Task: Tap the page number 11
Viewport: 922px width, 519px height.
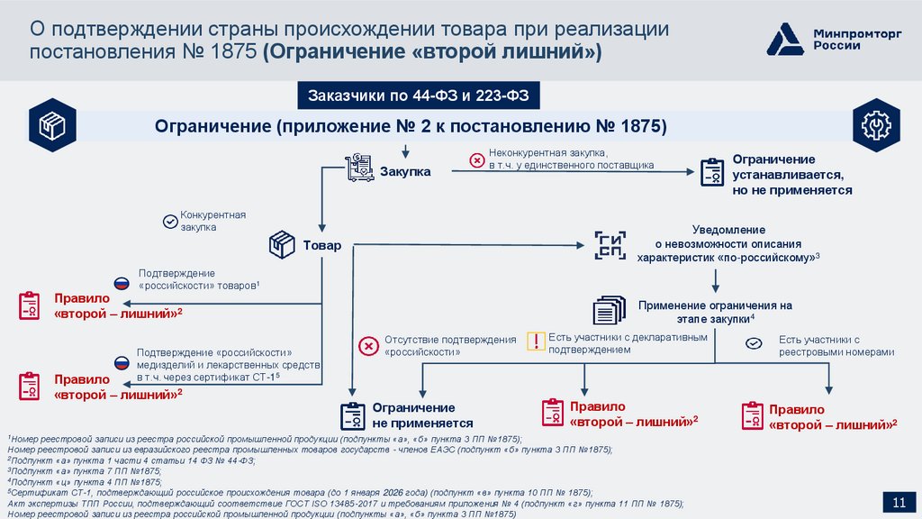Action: click(x=898, y=502)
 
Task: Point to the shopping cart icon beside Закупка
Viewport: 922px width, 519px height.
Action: click(x=358, y=168)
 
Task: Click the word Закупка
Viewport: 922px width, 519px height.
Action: click(x=404, y=171)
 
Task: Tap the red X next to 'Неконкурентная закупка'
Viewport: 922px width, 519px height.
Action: click(x=476, y=160)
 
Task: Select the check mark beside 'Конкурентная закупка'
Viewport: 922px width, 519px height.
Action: click(x=168, y=221)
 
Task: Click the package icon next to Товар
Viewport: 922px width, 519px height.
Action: click(x=283, y=243)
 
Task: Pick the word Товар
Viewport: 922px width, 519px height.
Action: click(x=321, y=245)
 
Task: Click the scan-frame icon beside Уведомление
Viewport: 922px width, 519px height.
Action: click(x=609, y=244)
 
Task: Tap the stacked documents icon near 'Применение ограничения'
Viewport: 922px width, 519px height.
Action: click(x=609, y=309)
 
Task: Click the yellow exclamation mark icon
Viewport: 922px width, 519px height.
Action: click(x=537, y=341)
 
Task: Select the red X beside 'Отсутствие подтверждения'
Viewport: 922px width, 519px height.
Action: click(x=367, y=346)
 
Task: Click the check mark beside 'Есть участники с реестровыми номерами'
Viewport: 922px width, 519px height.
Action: click(x=755, y=342)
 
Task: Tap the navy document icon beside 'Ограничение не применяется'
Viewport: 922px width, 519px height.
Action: click(x=351, y=415)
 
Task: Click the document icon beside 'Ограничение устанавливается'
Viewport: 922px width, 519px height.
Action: click(x=711, y=171)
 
